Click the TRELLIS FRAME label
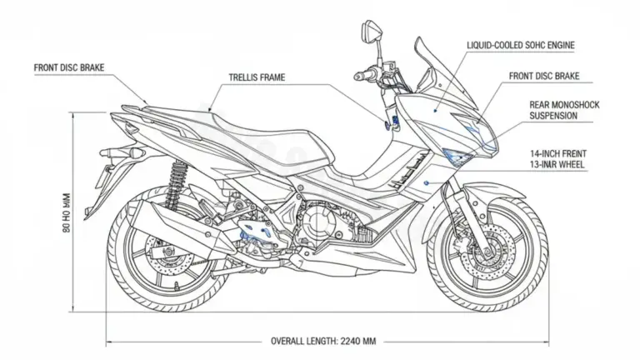click(x=256, y=77)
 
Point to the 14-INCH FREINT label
click(x=557, y=154)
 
